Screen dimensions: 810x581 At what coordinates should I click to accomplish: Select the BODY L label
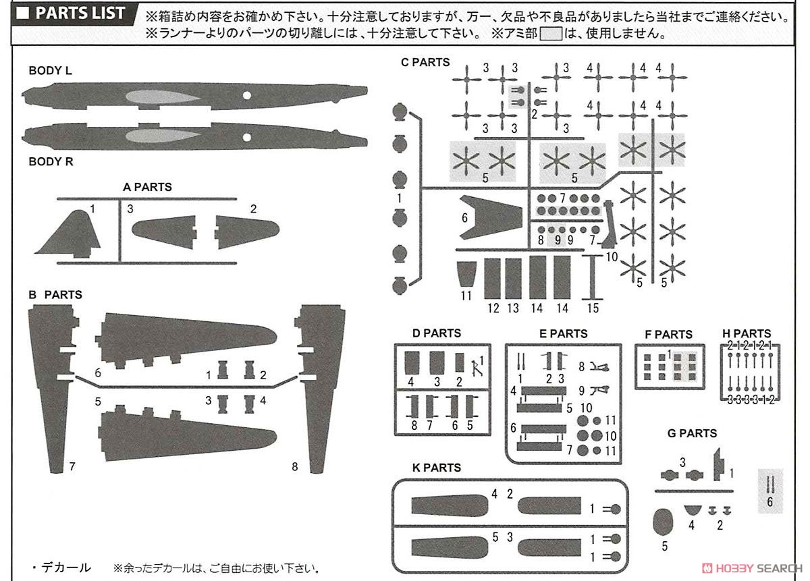[50, 71]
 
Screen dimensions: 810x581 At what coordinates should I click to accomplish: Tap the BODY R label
[51, 162]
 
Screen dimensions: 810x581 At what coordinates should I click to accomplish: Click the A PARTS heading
[147, 187]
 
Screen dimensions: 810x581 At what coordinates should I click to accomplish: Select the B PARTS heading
[55, 295]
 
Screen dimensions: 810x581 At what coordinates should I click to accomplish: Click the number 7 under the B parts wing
[72, 466]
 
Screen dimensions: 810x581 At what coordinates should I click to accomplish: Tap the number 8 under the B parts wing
[294, 466]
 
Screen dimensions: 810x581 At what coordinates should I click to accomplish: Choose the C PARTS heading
[425, 62]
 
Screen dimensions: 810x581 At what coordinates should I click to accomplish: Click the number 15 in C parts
[593, 308]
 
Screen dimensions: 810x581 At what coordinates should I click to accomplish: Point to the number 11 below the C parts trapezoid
[466, 295]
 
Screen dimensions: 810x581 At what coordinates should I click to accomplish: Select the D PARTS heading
[437, 333]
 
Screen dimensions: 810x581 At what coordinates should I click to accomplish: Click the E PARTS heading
[564, 333]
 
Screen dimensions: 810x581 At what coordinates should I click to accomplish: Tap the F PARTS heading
[668, 334]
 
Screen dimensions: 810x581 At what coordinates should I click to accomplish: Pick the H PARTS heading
[747, 334]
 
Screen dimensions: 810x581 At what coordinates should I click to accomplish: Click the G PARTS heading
[692, 433]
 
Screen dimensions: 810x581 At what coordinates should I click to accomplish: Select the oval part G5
[664, 524]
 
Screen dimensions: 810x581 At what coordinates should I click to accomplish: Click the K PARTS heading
[437, 468]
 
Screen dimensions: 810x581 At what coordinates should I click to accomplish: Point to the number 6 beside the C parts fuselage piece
[464, 219]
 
